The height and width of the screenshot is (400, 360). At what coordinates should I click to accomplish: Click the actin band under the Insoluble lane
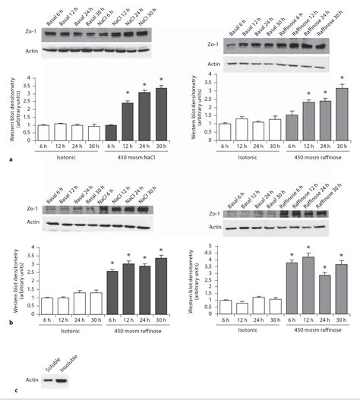pyautogui.click(x=61, y=380)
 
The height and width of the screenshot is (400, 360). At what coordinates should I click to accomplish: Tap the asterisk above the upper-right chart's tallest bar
pyautogui.click(x=342, y=78)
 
